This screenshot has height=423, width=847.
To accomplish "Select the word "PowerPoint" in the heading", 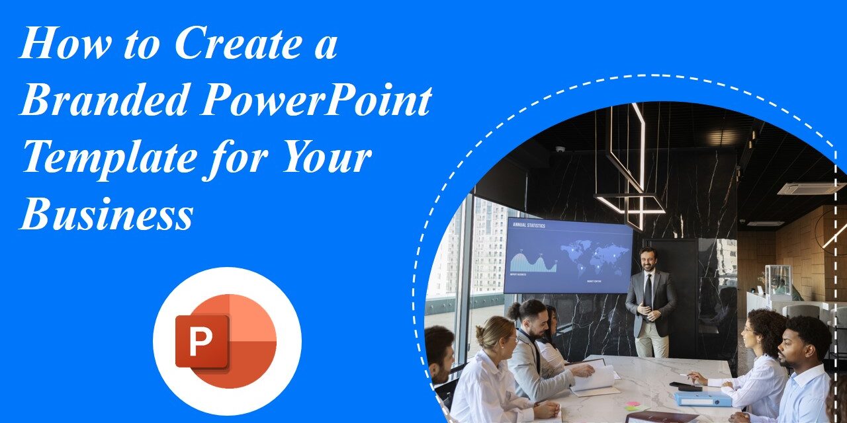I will click(316, 101).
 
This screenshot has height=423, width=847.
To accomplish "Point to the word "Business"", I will click(106, 215).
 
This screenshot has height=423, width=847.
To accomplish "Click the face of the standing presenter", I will click(648, 260).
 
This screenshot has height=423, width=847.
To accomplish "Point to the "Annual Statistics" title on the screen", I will click(527, 225).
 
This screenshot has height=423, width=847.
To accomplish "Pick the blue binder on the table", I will click(702, 398).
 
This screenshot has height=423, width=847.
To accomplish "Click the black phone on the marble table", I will click(684, 387).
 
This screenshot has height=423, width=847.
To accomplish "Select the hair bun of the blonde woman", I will click(479, 325).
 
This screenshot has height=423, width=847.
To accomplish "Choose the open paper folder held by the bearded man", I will click(595, 377).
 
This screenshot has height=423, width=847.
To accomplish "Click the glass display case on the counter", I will click(778, 281).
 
